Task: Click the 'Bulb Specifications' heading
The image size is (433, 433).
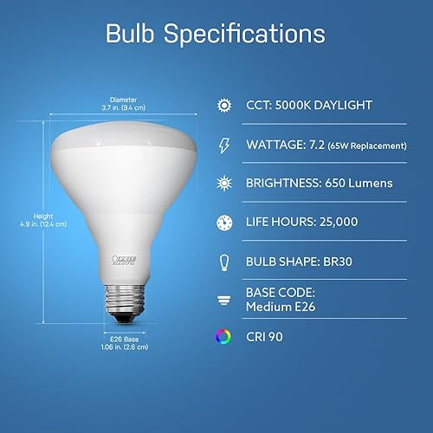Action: click(216, 35)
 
